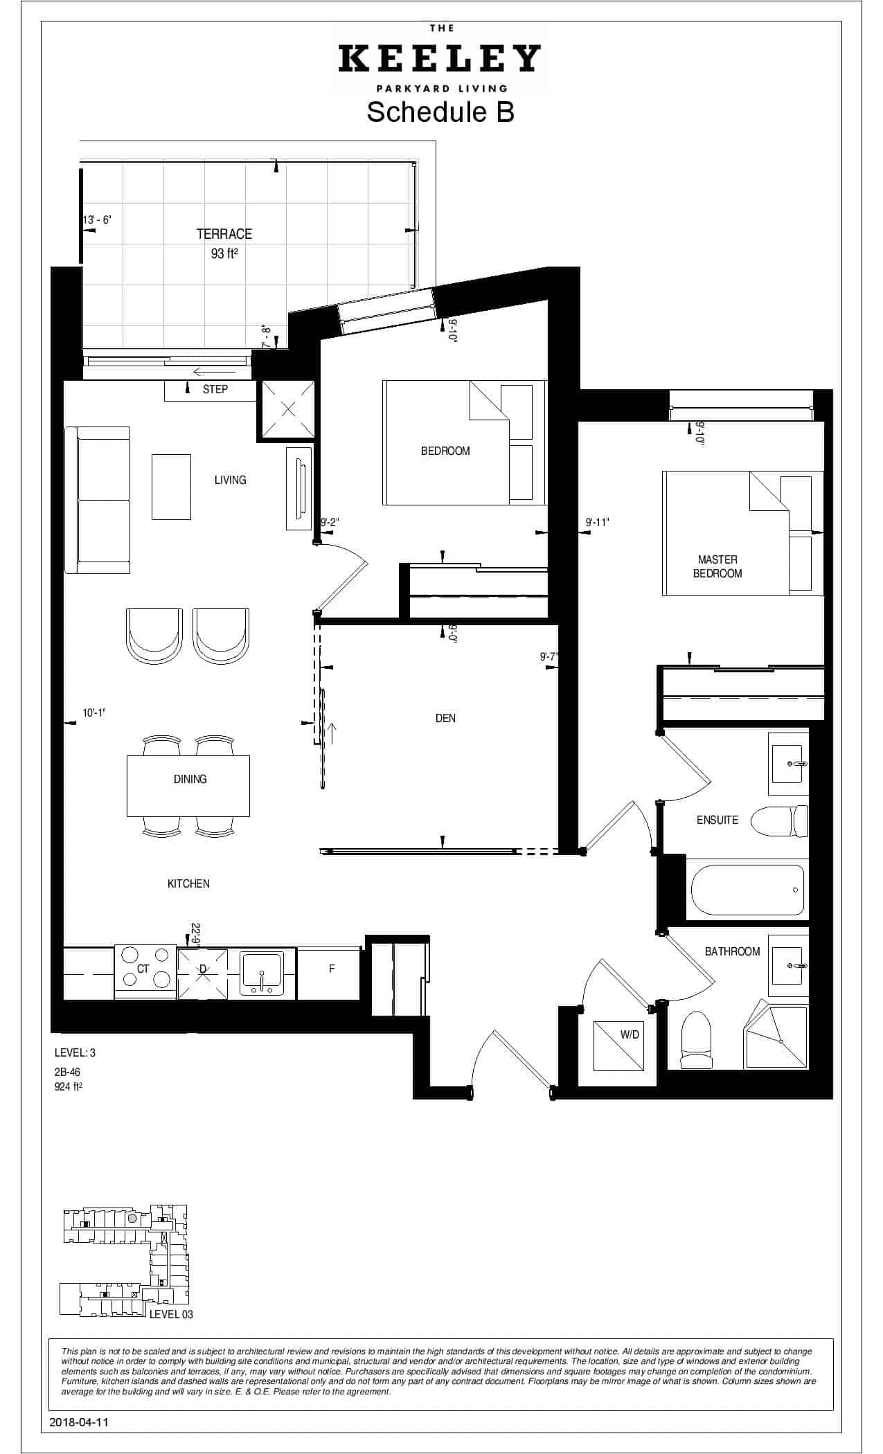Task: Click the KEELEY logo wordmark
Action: pos(440,59)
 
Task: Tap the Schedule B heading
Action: pos(440,111)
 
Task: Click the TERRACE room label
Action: pos(224,234)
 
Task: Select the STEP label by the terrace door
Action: pos(215,389)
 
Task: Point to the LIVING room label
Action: pos(230,480)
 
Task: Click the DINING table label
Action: pos(190,779)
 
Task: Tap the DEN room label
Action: pos(445,718)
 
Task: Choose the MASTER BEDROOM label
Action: pos(717,566)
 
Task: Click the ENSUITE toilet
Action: pos(780,822)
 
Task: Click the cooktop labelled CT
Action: pos(144,971)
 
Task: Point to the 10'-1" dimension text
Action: pos(94,713)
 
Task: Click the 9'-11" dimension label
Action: pos(597,522)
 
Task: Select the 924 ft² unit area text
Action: pos(69,1086)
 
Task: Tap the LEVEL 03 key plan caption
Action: pos(172,1314)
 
